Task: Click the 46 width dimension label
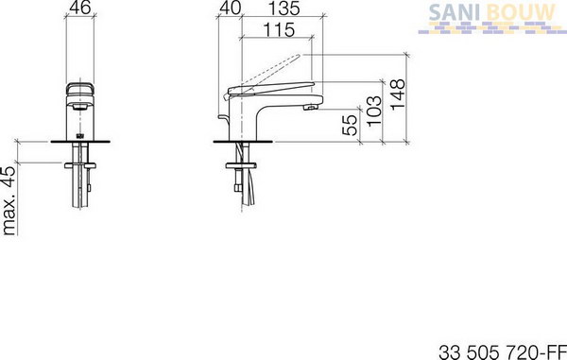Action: pos(80,8)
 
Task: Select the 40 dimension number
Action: pos(230,8)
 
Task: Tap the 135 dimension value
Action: pos(284,8)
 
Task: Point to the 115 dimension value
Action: pos(279,29)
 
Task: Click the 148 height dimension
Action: pos(398,94)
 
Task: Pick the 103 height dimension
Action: pos(374,111)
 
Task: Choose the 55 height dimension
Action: pos(350,125)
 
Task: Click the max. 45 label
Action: pos(9,200)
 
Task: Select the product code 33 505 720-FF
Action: pos(503,351)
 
